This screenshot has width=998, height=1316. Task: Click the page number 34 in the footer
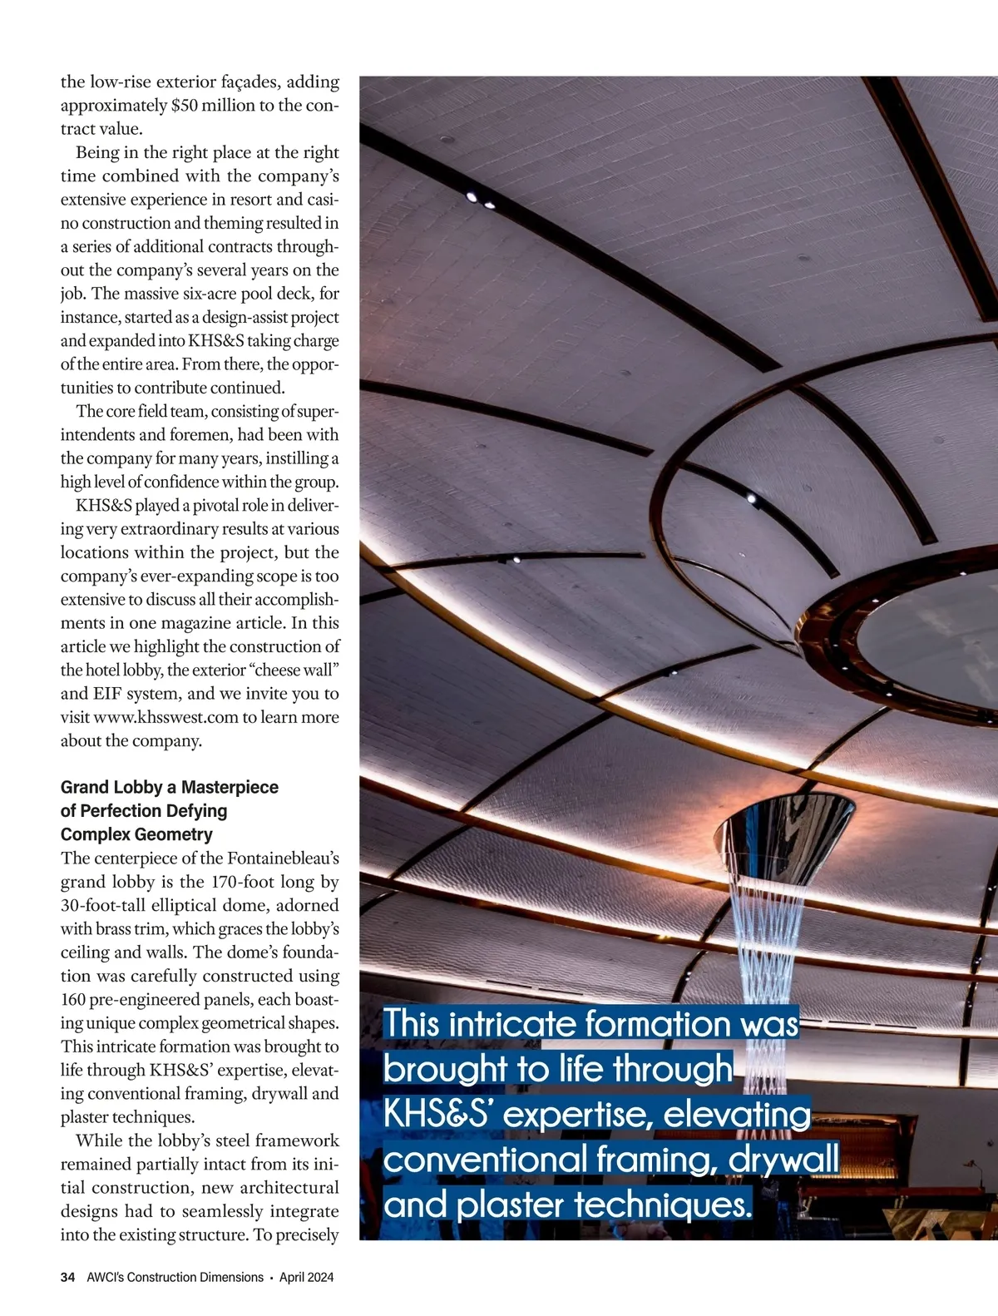point(67,1277)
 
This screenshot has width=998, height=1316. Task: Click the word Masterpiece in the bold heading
point(230,787)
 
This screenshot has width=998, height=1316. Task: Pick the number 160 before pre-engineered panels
point(75,999)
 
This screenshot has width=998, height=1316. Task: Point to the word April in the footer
point(292,1277)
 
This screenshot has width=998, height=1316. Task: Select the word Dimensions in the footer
point(229,1277)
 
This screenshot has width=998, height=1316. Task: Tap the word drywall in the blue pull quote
point(783,1160)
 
